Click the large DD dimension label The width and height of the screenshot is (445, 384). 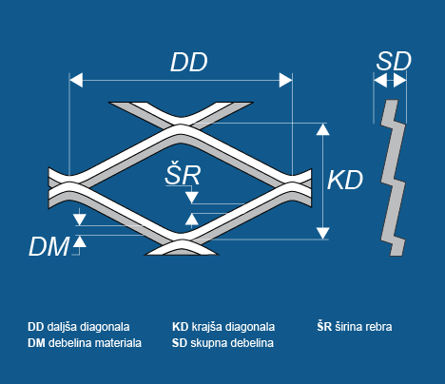tap(189, 62)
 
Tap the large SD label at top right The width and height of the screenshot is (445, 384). tap(394, 61)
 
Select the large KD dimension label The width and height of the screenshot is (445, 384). tap(345, 181)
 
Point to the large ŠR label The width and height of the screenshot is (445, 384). tap(183, 173)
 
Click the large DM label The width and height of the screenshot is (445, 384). tap(48, 246)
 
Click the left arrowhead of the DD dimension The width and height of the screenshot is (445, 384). tap(76, 80)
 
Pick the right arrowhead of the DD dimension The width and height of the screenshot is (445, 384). tap(285, 80)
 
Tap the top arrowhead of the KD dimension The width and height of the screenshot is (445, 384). tap(322, 129)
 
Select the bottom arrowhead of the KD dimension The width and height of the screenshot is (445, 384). tap(322, 233)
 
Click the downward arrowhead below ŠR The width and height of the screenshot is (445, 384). tap(192, 198)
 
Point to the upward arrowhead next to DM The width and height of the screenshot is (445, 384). tap(80, 241)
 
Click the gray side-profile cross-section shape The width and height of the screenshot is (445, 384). tap(393, 178)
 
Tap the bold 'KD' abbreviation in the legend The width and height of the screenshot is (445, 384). tap(181, 327)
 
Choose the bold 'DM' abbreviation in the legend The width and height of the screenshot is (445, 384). tap(36, 343)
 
